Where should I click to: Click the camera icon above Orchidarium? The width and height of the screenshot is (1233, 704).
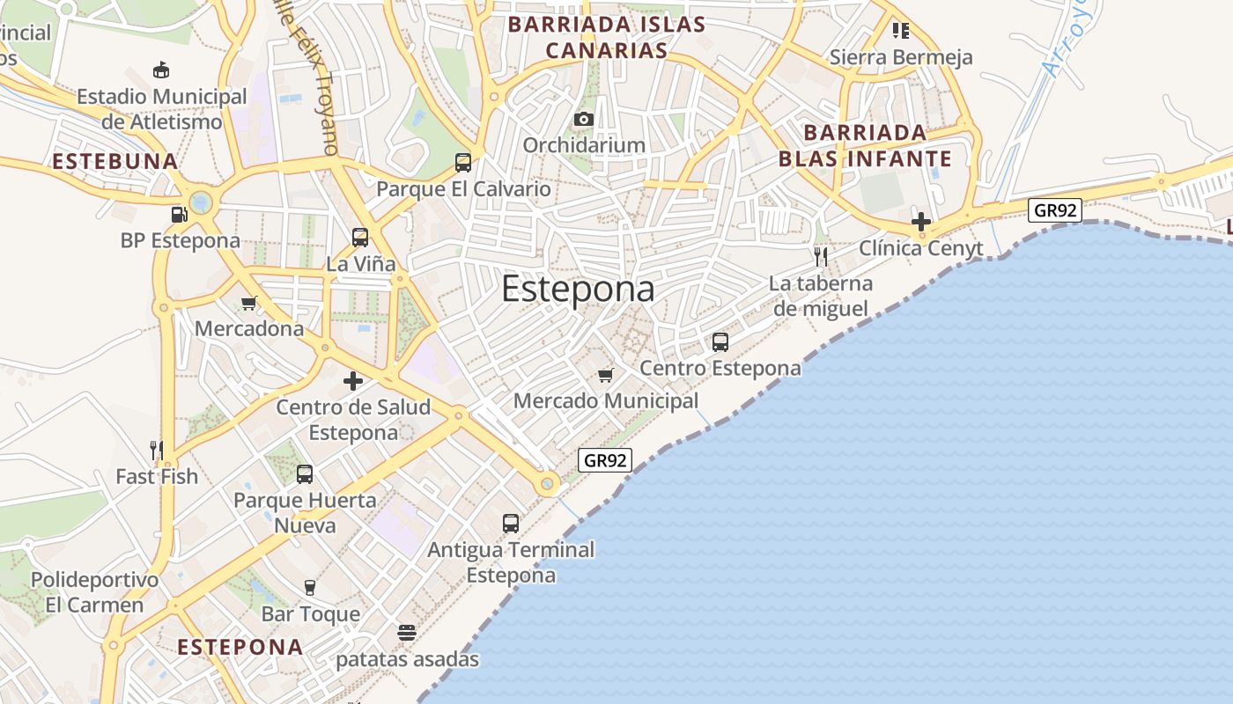coord(583,119)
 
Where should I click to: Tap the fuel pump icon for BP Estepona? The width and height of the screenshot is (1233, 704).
coord(179,214)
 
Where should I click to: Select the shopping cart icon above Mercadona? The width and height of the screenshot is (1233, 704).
coord(248,304)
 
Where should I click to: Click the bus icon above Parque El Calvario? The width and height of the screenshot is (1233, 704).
coord(463,162)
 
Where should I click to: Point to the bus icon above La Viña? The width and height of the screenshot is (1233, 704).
coord(360,237)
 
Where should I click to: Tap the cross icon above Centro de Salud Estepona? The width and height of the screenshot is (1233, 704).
coord(353,381)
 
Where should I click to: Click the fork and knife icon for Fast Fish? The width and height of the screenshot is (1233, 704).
coord(157,451)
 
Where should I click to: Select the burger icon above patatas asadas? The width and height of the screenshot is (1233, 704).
coord(406,633)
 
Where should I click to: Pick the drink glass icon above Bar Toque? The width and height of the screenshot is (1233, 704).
coord(309,587)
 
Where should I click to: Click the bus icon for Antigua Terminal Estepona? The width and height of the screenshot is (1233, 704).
coord(511,523)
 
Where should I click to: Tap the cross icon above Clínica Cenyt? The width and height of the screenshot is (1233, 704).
coord(921,222)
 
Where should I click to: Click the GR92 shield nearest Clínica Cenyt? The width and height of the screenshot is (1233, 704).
coord(1054,210)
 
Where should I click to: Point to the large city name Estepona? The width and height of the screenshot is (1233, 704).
coord(578,290)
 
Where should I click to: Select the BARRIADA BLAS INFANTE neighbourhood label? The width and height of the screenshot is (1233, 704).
coord(865,146)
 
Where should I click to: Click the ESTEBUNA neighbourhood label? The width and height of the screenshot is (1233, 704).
coord(115,162)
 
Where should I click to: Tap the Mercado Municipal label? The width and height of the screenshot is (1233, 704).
coord(606,401)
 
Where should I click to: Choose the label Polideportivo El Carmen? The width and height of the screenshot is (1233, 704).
coord(94,592)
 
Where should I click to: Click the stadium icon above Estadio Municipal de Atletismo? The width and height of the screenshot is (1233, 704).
coord(161,70)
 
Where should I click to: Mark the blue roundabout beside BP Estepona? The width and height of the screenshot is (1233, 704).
coord(201,203)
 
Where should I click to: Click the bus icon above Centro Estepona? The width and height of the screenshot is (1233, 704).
coord(720,342)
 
